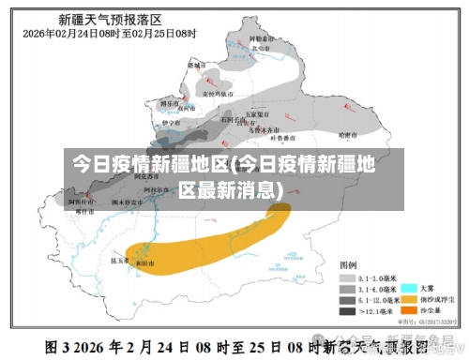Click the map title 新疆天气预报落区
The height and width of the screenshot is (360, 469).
pyautogui.click(x=110, y=18)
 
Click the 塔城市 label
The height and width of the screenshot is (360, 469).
pyautogui.click(x=195, y=67)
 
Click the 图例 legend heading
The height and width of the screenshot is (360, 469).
pyautogui.click(x=348, y=266)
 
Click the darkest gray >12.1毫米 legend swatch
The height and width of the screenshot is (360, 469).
pyautogui.click(x=347, y=309)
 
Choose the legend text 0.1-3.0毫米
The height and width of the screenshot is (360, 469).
pyautogui.click(x=376, y=277)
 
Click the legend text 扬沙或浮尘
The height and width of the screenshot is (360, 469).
pyautogui.click(x=436, y=298)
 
